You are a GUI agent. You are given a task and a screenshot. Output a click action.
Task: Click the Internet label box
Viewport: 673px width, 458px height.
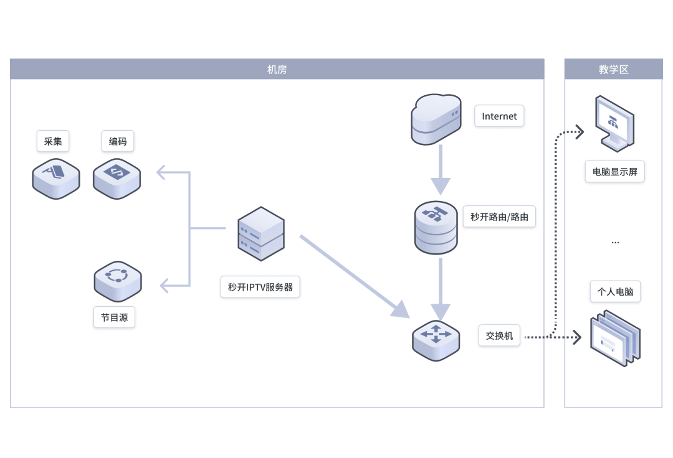(499, 116)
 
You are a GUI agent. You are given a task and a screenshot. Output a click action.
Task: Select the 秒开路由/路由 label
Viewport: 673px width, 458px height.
(499, 217)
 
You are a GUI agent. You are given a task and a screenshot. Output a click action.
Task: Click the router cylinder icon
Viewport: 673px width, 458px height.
(436, 228)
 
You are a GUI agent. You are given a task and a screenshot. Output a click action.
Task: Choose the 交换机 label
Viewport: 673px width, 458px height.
(499, 335)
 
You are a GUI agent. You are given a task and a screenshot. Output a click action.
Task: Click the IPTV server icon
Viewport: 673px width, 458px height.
(261, 234)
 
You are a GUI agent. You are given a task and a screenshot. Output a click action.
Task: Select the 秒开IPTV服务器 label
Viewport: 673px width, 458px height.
(260, 287)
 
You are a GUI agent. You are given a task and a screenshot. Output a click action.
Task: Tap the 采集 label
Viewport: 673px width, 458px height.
(53, 141)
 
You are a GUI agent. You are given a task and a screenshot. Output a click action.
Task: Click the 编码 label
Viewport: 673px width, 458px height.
(118, 141)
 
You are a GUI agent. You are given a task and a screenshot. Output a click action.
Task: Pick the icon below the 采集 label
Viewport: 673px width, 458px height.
(56, 178)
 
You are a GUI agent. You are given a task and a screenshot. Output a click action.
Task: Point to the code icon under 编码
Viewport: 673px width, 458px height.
(117, 178)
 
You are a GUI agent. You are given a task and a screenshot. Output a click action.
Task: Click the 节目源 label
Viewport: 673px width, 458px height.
(114, 317)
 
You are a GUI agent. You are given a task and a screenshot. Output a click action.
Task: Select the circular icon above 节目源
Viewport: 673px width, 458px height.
(118, 281)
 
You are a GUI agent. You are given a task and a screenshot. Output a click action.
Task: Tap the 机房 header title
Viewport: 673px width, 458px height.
(277, 70)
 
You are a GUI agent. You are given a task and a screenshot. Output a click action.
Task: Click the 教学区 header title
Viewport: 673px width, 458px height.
(613, 70)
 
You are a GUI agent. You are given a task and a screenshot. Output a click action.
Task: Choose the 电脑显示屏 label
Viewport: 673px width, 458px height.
(614, 172)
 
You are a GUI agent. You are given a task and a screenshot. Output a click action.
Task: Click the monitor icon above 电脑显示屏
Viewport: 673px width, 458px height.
(614, 123)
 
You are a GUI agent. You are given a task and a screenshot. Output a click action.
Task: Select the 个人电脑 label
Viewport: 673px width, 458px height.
(615, 291)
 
